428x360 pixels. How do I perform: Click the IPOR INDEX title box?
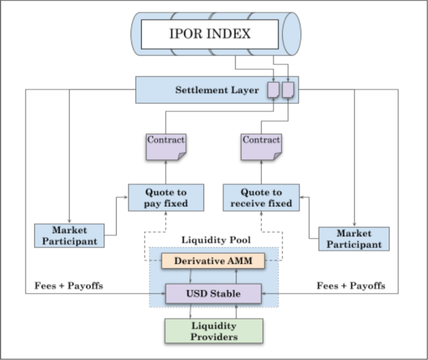click(209, 34)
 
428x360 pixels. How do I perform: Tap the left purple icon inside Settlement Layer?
click(273, 90)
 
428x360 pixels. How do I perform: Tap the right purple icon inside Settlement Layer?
click(288, 90)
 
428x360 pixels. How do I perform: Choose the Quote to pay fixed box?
click(166, 198)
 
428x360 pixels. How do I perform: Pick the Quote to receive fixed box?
click(261, 198)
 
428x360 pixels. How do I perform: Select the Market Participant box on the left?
click(69, 236)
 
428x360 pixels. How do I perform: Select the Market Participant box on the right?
click(354, 239)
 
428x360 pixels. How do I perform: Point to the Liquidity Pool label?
click(216, 240)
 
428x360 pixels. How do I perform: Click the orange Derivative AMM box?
click(213, 261)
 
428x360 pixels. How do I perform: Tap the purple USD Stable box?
click(213, 293)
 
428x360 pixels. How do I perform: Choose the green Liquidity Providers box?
click(214, 331)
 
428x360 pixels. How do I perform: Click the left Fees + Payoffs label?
click(69, 286)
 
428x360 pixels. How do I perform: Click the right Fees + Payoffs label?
click(351, 286)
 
